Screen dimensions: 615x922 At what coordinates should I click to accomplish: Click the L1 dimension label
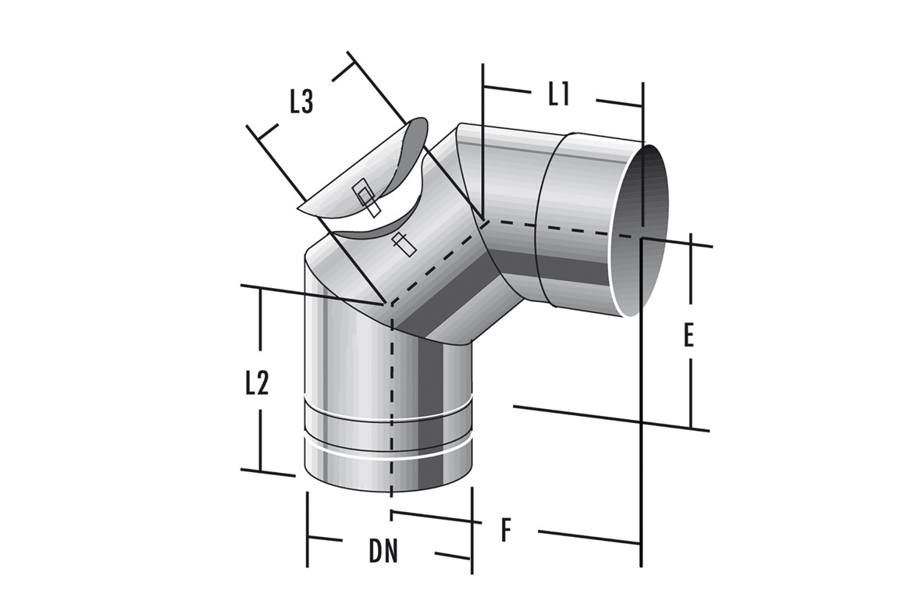(x=559, y=94)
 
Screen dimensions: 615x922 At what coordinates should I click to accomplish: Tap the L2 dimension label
(x=256, y=383)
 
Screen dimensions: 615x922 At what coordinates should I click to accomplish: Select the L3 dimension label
(x=301, y=101)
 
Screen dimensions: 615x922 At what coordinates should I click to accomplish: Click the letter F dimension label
(x=506, y=531)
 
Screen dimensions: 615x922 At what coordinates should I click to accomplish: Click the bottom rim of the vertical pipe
(x=388, y=490)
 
